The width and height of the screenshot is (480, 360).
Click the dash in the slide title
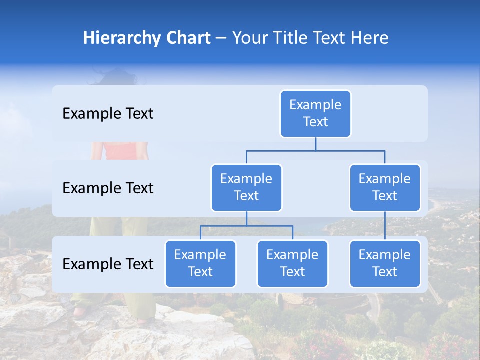tap(221, 38)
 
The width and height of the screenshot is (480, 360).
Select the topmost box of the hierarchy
tap(315, 113)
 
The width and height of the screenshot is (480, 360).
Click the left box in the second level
tap(246, 187)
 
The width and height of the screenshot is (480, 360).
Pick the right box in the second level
tap(385, 187)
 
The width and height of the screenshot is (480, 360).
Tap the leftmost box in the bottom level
tap(200, 263)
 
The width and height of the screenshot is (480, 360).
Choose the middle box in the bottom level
tap(292, 263)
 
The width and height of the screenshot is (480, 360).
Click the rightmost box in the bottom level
tap(385, 263)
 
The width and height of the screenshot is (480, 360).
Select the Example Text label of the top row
tap(108, 114)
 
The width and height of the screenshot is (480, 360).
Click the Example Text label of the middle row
tap(108, 188)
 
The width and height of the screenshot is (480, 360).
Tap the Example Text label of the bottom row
tap(108, 264)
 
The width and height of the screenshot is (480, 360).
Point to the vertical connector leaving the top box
tap(315, 144)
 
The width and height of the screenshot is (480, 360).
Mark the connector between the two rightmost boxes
tap(385, 226)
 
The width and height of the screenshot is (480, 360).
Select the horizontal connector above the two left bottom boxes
tap(246, 226)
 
